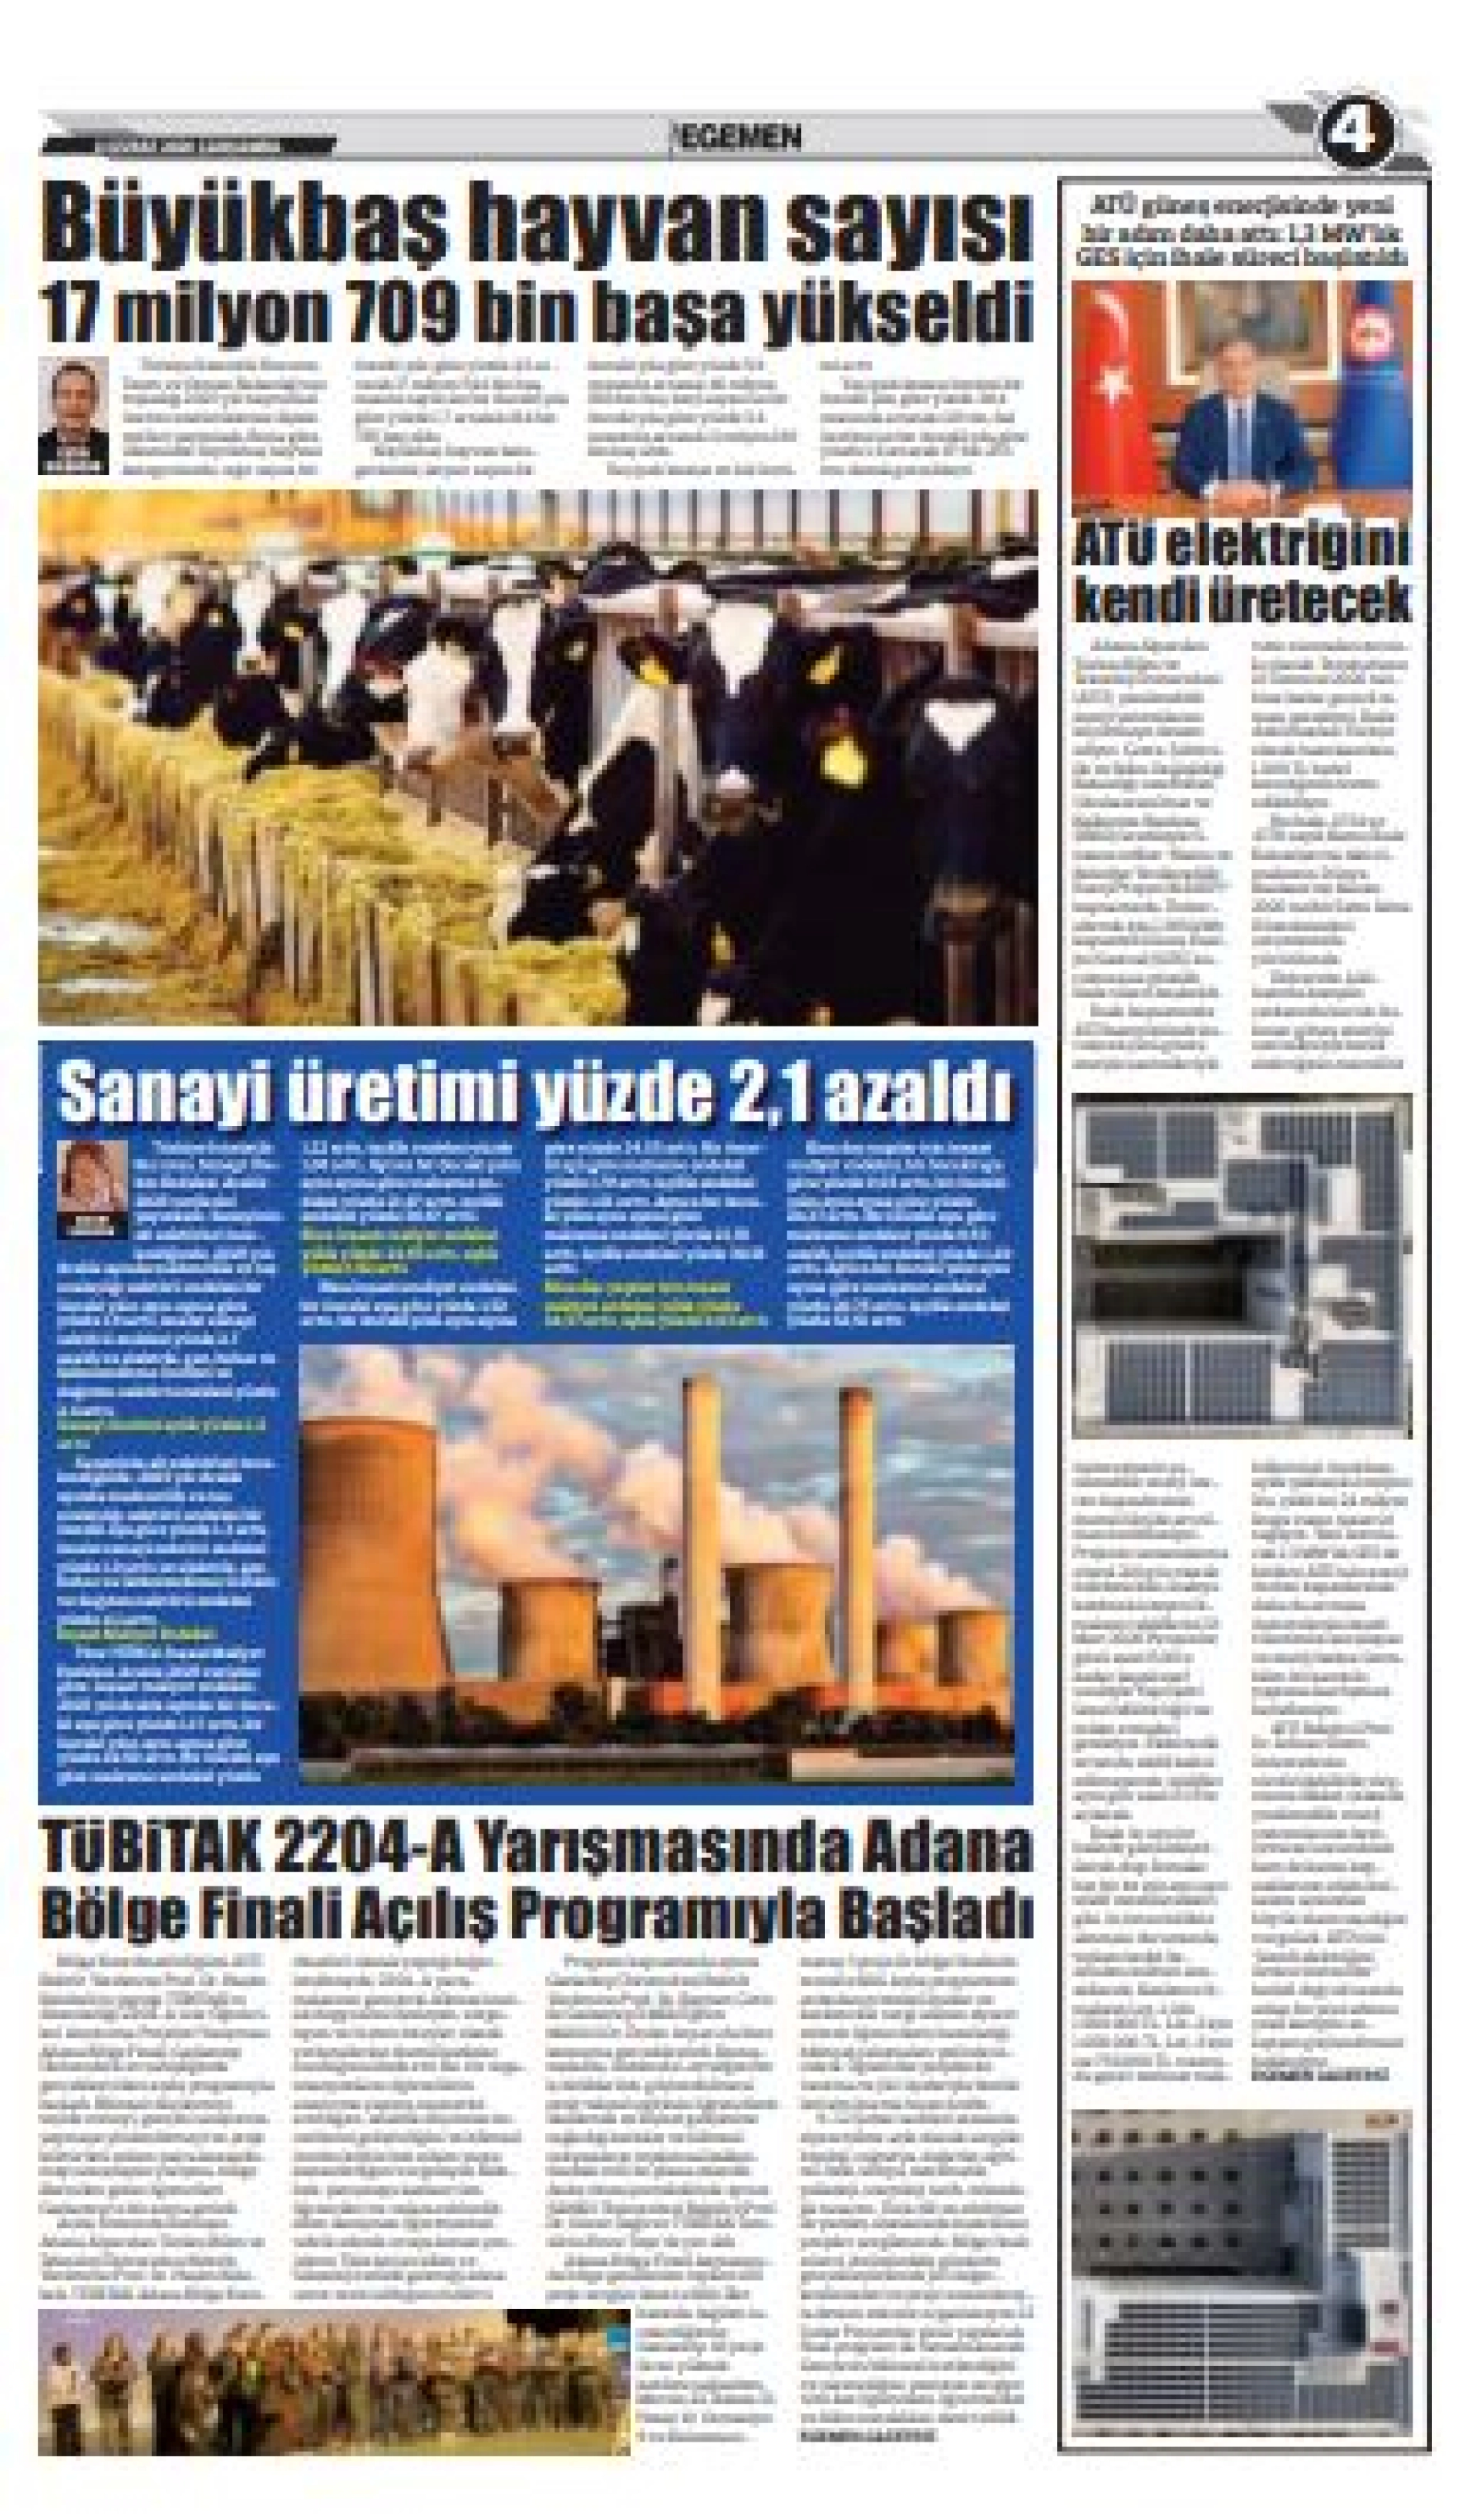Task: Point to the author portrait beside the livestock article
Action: [73, 415]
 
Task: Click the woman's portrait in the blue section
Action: [92, 1189]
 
